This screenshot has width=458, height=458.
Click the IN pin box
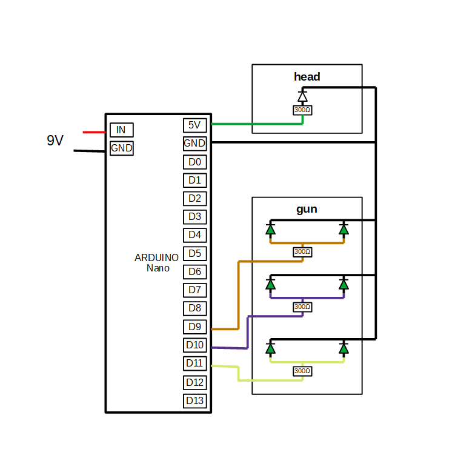[121, 130]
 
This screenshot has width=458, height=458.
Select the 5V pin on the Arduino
[194, 125]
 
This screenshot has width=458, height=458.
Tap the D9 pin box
[194, 327]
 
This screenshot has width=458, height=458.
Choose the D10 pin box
[194, 345]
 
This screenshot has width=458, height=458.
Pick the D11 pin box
[194, 363]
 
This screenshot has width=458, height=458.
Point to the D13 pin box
[194, 400]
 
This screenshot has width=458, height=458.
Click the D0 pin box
[194, 162]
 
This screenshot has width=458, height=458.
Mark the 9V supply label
[55, 141]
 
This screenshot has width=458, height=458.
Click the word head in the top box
[307, 77]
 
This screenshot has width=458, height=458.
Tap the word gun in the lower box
[307, 210]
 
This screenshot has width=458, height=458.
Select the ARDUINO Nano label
[157, 262]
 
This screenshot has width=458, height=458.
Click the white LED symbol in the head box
[302, 96]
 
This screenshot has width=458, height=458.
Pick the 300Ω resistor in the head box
[302, 110]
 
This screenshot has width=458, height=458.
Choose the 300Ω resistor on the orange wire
[302, 251]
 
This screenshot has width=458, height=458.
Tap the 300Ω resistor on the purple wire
[302, 307]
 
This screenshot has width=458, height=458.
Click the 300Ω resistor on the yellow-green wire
[302, 371]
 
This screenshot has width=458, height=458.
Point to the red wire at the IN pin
[94, 131]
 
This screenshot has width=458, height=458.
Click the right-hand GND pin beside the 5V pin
[194, 144]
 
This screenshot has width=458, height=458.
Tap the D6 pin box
[194, 271]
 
